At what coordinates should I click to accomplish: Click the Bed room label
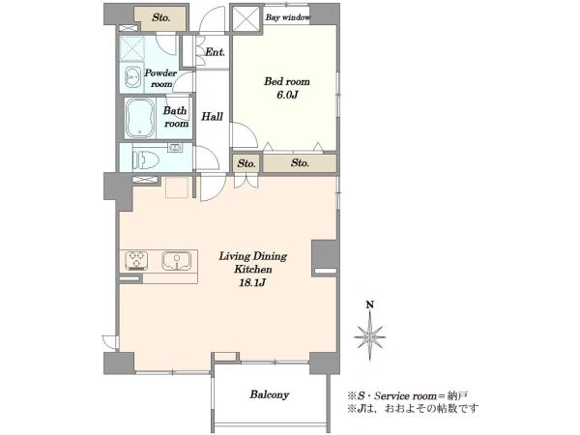click(287, 81)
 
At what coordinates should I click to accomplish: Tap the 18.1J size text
click(252, 283)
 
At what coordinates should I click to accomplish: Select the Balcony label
click(270, 394)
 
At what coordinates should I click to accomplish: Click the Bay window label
click(288, 17)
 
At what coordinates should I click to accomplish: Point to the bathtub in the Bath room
click(139, 118)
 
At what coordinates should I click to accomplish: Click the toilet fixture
click(146, 160)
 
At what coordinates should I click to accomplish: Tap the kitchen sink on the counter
click(177, 261)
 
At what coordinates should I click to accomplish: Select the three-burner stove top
click(136, 261)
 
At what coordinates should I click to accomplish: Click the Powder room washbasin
click(133, 77)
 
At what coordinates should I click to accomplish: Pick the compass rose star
click(370, 337)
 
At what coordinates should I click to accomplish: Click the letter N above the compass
click(370, 305)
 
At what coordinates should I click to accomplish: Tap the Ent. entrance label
click(215, 52)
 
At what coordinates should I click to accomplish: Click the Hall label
click(213, 117)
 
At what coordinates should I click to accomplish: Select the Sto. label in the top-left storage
click(161, 17)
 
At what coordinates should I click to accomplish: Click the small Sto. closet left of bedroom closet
click(246, 163)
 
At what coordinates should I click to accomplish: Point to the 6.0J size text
click(287, 95)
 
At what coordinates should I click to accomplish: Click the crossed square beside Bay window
click(246, 18)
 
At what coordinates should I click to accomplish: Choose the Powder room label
click(160, 78)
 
